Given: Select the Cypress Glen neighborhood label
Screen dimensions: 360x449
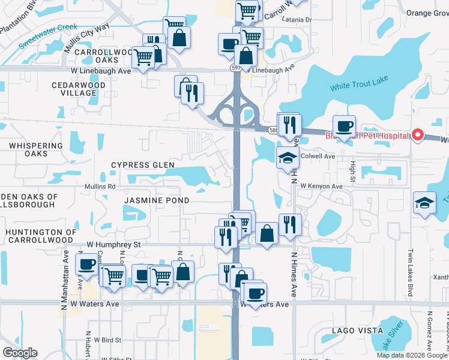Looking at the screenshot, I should [x=143, y=165].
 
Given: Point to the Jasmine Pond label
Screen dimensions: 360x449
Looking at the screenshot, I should [x=157, y=200].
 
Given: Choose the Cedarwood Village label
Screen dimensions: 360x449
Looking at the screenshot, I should [x=79, y=89].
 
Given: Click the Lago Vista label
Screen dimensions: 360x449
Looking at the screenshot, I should [x=357, y=331].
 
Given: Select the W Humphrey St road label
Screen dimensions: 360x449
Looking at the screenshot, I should [x=113, y=245].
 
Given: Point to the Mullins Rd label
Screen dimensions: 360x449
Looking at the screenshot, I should [x=100, y=187].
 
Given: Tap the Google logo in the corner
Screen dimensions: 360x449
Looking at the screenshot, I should [x=20, y=353].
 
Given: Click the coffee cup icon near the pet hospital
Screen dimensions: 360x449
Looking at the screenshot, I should [x=345, y=127].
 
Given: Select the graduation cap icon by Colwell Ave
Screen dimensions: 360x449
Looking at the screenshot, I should [x=288, y=158].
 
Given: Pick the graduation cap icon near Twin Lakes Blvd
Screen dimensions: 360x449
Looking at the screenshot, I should [x=424, y=202].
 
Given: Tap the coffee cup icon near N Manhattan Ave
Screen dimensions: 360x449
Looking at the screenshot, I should [x=87, y=264].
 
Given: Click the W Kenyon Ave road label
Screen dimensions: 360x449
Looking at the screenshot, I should [x=322, y=187].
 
